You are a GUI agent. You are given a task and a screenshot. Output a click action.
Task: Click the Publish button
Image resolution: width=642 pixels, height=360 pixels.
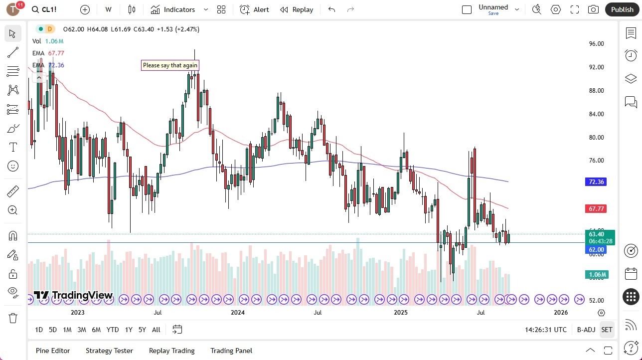click(622, 9)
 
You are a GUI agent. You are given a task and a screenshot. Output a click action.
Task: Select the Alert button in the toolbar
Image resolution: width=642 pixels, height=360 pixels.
click(254, 9)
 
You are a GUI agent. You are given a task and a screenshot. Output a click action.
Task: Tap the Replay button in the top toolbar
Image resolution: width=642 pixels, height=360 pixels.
click(297, 9)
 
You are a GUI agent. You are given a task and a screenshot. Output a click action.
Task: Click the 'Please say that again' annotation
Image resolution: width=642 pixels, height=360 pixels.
click(170, 65)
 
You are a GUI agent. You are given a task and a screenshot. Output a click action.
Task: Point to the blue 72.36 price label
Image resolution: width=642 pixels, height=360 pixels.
click(596, 182)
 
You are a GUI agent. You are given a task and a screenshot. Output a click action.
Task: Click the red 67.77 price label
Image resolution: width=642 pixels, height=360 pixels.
click(596, 209)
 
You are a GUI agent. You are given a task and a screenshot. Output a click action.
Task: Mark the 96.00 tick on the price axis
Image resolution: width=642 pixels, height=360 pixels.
click(596, 44)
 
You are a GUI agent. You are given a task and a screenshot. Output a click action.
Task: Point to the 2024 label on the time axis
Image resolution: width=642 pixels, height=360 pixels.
click(238, 313)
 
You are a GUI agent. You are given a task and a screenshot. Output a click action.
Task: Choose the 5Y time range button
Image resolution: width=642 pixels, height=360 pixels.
click(142, 330)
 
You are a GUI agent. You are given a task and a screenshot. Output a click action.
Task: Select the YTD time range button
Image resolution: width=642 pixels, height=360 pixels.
click(113, 330)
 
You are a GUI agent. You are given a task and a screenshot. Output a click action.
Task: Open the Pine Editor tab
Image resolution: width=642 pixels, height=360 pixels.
click(53, 351)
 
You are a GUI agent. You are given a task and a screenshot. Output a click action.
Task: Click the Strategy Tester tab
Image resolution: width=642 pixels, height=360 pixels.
click(109, 351)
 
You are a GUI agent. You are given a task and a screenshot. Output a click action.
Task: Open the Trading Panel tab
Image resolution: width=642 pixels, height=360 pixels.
click(231, 351)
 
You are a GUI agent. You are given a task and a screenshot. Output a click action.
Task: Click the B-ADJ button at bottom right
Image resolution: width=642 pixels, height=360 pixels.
click(586, 330)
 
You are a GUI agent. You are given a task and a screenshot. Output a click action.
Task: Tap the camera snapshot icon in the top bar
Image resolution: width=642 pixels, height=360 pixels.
click(593, 9)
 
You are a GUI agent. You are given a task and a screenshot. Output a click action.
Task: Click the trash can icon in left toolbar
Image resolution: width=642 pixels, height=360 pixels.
click(13, 318)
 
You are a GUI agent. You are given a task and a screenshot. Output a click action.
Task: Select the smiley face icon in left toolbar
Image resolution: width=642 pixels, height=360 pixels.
click(13, 166)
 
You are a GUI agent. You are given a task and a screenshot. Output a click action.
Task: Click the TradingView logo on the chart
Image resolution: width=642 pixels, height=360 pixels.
click(73, 295)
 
